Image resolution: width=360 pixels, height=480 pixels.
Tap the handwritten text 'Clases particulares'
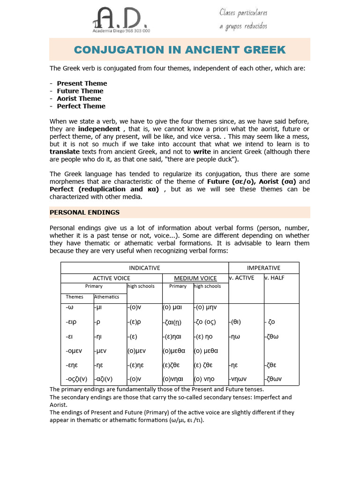[243, 13]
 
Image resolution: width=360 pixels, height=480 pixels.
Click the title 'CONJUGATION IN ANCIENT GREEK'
[180, 50]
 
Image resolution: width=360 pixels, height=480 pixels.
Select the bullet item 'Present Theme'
[82, 83]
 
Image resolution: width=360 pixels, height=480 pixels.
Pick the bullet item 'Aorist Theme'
[79, 98]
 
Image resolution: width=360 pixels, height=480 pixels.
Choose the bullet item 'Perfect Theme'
[81, 106]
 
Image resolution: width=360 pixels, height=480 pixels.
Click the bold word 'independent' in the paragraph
[99, 129]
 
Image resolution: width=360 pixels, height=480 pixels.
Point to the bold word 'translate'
[65, 152]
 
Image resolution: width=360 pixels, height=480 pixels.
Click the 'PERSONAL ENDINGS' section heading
[84, 212]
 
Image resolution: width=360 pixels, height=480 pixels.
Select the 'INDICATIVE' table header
[144, 268]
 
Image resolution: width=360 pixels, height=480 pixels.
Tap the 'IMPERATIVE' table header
[263, 268]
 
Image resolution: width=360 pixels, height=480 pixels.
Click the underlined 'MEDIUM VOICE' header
[195, 278]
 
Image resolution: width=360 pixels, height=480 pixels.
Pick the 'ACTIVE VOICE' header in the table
[111, 278]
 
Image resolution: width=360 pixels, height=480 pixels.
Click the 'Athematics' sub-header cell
[107, 297]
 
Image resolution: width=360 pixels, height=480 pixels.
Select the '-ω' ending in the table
[70, 307]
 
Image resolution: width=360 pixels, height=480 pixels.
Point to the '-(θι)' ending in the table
[236, 322]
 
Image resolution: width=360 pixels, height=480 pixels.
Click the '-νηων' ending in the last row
[238, 379]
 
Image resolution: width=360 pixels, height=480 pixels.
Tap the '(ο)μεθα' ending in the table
[174, 351]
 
